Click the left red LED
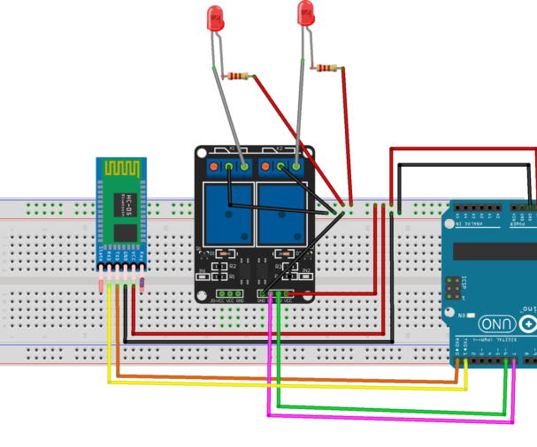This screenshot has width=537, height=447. coord(214,19)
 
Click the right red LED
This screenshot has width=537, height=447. coord(306,13)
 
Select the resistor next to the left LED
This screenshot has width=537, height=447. coord(237,76)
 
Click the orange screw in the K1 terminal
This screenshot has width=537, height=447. coord(215,165)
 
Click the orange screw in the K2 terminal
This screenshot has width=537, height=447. coord(266,165)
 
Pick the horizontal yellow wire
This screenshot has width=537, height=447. coord(283,383)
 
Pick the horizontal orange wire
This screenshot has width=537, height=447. coord(283,376)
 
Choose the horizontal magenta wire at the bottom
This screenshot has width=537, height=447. coord(389,414)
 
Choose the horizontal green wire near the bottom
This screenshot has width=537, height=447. coord(389,407)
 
